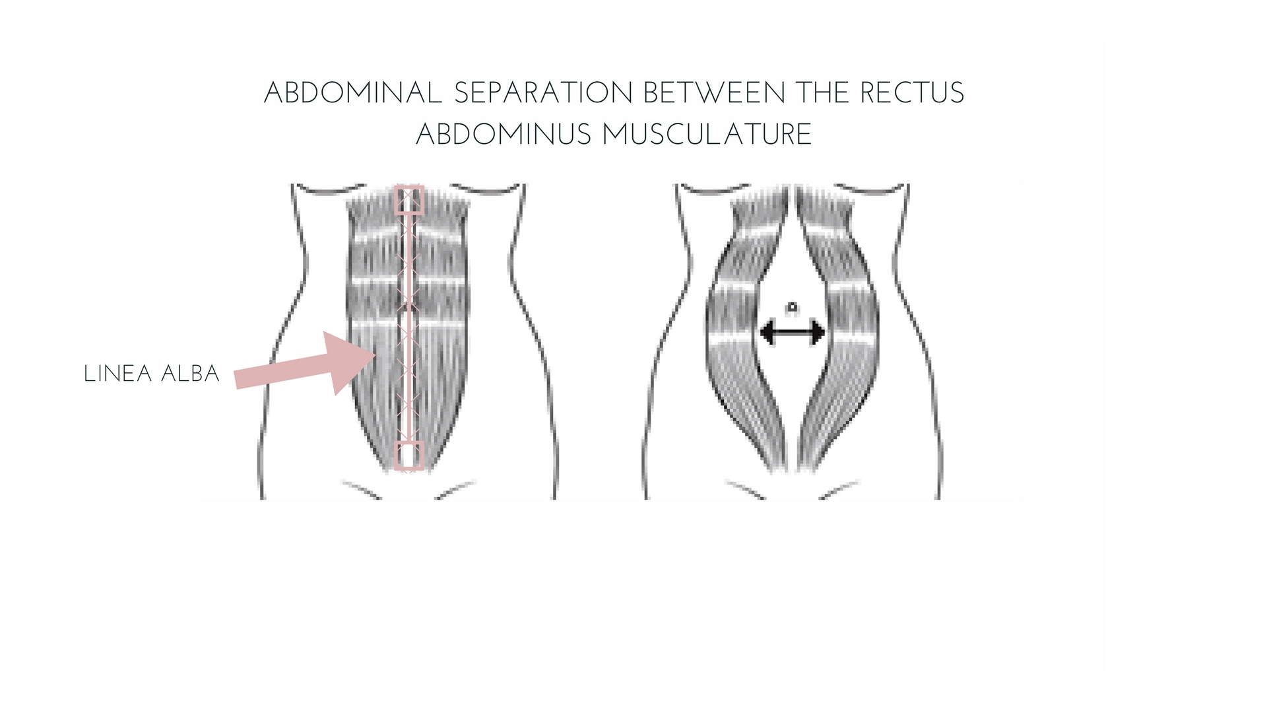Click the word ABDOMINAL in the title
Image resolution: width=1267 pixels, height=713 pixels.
[353, 92]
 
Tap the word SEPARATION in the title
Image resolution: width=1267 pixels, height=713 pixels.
[544, 92]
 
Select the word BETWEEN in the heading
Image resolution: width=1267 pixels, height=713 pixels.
[714, 92]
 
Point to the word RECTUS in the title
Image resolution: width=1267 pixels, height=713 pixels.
[912, 92]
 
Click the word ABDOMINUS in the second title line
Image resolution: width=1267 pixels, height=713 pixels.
[504, 134]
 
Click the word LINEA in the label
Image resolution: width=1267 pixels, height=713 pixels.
[117, 374]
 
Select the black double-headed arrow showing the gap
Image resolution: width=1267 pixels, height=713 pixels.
[793, 331]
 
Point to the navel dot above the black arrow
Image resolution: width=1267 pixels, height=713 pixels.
[793, 307]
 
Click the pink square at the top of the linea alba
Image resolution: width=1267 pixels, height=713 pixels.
[409, 200]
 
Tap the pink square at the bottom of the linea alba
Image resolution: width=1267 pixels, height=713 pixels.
[409, 456]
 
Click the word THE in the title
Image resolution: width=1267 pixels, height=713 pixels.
[822, 92]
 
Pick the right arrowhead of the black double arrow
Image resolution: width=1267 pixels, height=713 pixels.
[818, 331]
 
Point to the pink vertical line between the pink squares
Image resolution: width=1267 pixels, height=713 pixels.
[409, 328]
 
